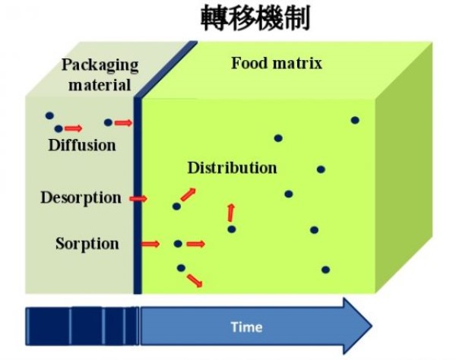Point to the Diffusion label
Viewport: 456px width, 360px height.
tap(81, 144)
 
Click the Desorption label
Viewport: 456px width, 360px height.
tap(81, 198)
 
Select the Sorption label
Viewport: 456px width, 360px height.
tap(87, 244)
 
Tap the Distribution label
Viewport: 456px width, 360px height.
tap(232, 168)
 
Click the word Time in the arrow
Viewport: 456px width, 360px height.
tap(247, 327)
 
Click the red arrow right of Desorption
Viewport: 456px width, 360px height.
tap(138, 198)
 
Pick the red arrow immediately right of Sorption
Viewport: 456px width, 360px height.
tap(150, 244)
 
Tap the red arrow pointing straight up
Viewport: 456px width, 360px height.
tap(231, 212)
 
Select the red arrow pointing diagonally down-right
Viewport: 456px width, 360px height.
tap(195, 279)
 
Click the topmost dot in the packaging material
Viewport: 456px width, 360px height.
tap(49, 116)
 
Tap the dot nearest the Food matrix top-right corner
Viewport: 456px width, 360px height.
tap(354, 120)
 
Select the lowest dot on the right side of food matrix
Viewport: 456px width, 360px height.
tap(325, 270)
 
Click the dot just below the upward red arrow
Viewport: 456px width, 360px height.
tap(232, 229)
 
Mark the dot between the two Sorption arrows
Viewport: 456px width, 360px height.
tap(178, 244)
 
